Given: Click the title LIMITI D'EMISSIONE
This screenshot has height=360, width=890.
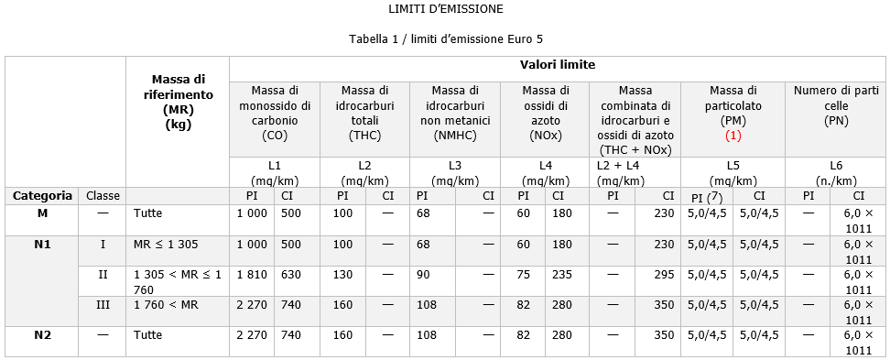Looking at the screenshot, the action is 444,9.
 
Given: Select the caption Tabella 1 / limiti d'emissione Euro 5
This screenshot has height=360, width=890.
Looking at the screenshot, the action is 444,40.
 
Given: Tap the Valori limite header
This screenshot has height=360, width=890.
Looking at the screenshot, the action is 557,65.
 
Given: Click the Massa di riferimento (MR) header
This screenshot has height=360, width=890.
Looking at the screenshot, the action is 178,103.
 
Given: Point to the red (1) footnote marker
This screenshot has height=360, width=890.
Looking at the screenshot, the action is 733,136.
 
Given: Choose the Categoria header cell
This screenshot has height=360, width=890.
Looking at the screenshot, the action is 42,195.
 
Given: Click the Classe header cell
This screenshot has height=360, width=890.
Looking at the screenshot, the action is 103,195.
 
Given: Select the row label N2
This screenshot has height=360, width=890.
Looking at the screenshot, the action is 42,335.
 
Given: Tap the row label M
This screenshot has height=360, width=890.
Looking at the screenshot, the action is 42,213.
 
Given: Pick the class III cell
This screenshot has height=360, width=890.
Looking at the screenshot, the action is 103,304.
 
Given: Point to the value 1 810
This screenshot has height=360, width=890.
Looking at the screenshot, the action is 251,274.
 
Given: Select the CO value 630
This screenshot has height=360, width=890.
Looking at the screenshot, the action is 290,274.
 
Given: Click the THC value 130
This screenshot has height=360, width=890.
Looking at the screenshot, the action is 342,274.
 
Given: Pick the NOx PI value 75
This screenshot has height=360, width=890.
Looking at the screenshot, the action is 523,274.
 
